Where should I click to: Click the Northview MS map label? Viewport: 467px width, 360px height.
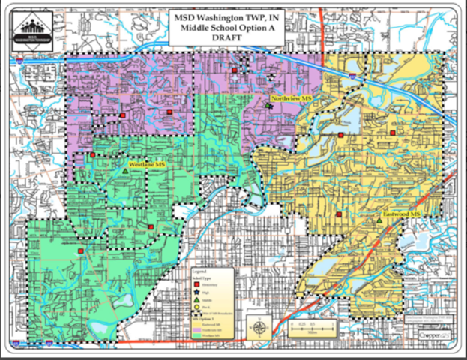(x=291, y=98)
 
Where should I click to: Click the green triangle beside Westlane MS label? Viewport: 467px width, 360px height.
(x=124, y=172)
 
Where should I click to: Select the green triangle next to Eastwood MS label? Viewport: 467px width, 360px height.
(x=382, y=220)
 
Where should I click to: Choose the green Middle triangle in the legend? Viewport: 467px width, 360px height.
(x=196, y=301)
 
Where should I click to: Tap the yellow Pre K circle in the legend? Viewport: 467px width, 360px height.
(x=196, y=307)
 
